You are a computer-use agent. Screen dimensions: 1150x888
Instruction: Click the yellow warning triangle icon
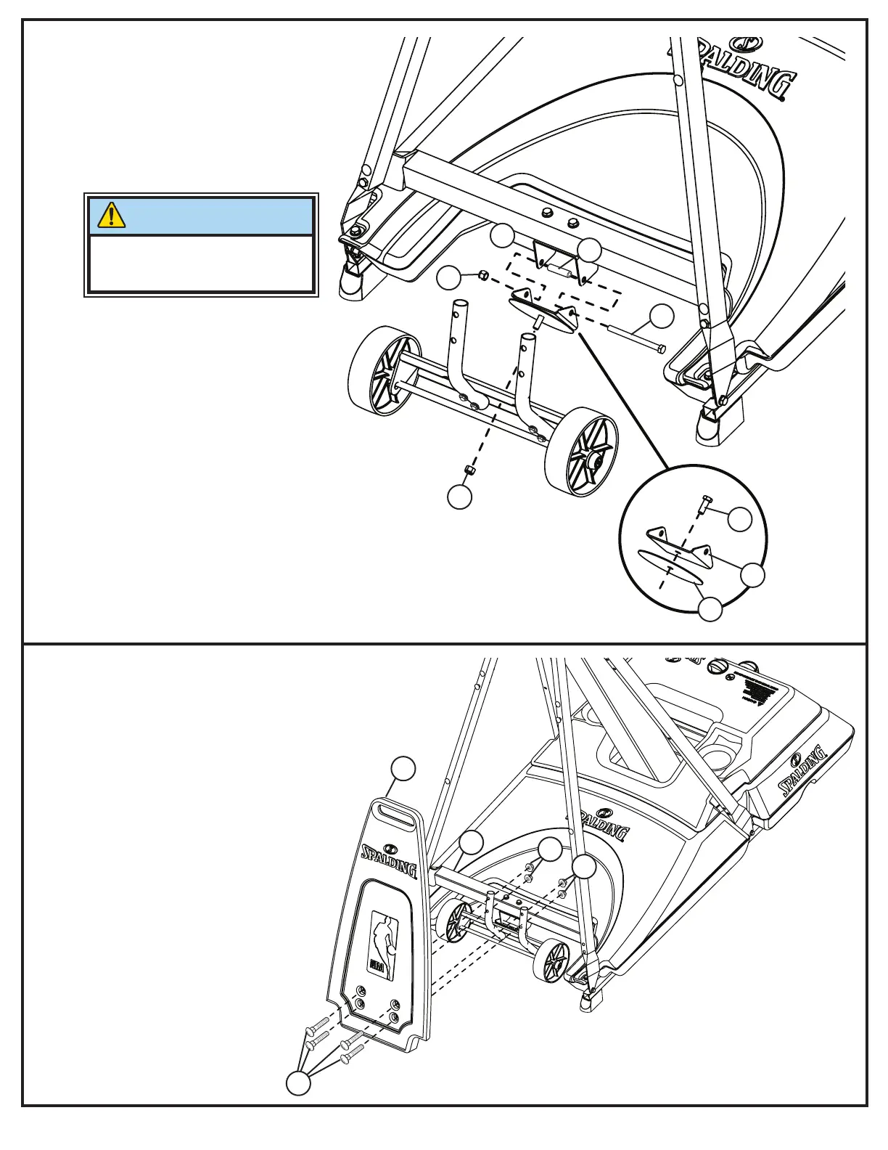pyautogui.click(x=111, y=215)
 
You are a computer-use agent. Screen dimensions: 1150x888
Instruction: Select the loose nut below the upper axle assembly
pyautogui.click(x=469, y=470)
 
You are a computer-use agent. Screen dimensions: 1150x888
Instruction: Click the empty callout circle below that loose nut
pyautogui.click(x=459, y=497)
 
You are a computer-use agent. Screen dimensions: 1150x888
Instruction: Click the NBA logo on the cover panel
pyautogui.click(x=382, y=939)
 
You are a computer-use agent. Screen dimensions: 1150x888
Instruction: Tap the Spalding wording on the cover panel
pyautogui.click(x=390, y=858)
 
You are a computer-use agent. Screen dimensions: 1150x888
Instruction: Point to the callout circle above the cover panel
pyautogui.click(x=403, y=769)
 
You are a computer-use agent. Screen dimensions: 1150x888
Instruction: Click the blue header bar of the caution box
pyautogui.click(x=201, y=216)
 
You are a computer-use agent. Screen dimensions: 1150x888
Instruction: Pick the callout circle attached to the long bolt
pyautogui.click(x=661, y=316)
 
